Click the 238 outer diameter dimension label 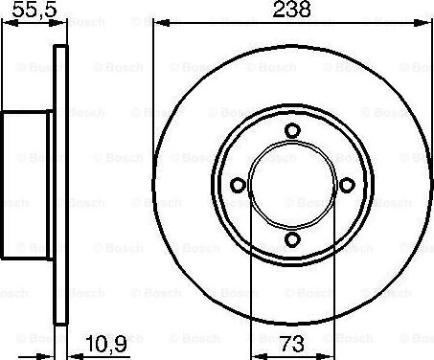[x=290, y=12]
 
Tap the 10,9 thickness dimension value [x=104, y=343]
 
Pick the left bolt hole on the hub [x=237, y=187]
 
